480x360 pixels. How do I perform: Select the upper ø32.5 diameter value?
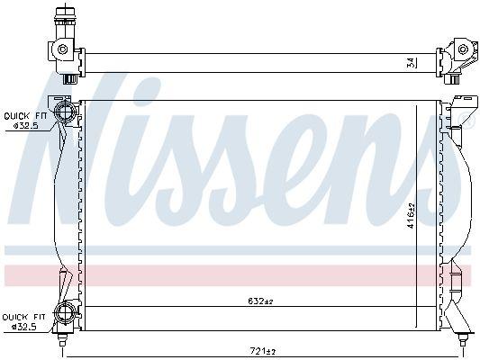click(x=24, y=126)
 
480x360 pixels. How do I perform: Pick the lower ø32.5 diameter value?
click(x=24, y=327)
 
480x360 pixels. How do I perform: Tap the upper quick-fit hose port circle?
click(x=66, y=112)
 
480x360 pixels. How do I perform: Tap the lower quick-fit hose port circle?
click(x=66, y=314)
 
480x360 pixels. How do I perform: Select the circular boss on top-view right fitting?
click(x=463, y=49)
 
